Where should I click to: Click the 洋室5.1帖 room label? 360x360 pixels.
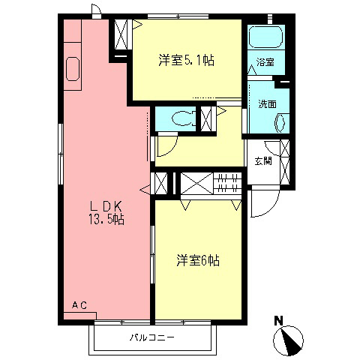click(186, 60)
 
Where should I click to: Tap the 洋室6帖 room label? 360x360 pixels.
click(198, 260)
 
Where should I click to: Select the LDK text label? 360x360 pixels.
click(106, 206)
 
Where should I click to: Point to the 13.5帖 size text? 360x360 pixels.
click(106, 219)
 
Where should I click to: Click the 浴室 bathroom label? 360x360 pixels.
click(265, 62)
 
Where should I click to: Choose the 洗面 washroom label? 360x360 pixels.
click(267, 103)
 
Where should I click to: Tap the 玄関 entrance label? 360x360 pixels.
click(263, 160)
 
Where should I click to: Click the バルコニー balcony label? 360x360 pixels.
click(151, 338)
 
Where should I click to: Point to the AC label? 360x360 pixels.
click(79, 305)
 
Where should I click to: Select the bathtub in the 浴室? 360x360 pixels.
click(265, 37)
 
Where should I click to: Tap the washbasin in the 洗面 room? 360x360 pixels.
click(280, 123)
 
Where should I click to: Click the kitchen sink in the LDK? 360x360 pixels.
click(73, 69)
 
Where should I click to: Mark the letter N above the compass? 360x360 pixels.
click(278, 320)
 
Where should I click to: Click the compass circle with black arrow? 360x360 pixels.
click(288, 340)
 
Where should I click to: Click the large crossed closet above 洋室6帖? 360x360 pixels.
click(196, 183)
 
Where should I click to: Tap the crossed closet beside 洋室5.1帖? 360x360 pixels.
click(121, 34)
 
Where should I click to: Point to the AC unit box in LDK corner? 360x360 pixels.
click(80, 316)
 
